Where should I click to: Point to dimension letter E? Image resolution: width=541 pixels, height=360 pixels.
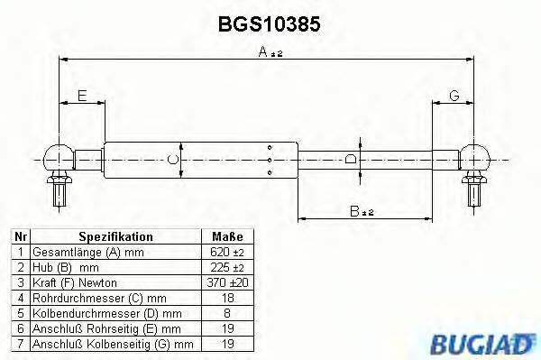pyautogui.click(x=81, y=96)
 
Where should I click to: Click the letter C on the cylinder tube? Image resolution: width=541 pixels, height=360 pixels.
pyautogui.click(x=176, y=162)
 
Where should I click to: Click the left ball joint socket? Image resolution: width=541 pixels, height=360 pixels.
pyautogui.click(x=55, y=160)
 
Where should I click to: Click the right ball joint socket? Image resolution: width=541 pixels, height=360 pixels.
pyautogui.click(x=475, y=160)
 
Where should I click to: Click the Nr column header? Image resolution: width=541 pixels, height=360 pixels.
pyautogui.click(x=20, y=236)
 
